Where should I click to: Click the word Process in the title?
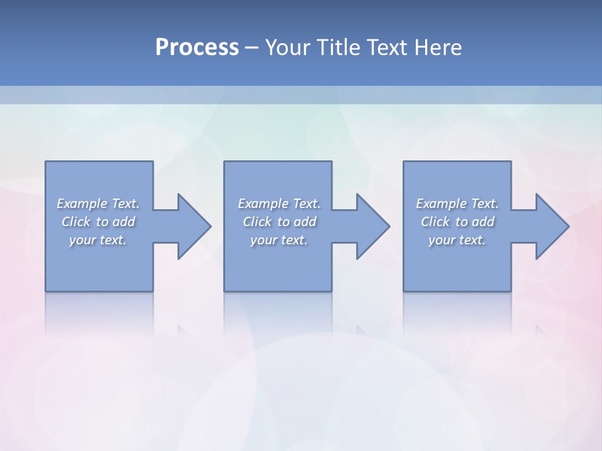click(197, 48)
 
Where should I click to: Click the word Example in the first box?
click(82, 204)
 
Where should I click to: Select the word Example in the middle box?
click(263, 204)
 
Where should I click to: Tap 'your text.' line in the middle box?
click(278, 240)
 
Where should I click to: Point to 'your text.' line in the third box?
click(457, 240)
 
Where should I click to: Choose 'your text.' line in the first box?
click(98, 240)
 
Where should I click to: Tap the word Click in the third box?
click(435, 222)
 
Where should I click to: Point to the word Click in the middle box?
click(257, 222)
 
